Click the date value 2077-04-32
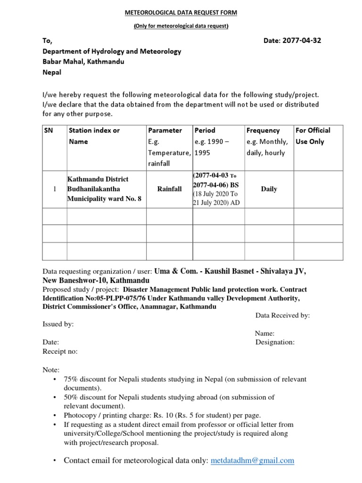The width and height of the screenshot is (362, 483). tap(301, 41)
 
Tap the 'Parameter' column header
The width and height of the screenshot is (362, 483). tap(165, 130)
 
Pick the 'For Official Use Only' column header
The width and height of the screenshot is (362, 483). tap(313, 136)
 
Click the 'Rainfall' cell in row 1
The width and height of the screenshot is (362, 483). tap(169, 189)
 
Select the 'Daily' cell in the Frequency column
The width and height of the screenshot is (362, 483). tap(269, 189)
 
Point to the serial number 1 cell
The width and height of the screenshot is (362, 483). tap(55, 189)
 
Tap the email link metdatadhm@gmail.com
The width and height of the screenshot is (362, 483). tap(252, 460)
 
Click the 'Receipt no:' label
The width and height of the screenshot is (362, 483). tap(60, 351)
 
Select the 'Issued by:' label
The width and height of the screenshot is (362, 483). tap(58, 325)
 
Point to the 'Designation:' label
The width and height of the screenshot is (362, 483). tap(275, 342)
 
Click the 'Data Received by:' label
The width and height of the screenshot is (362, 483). tap(282, 316)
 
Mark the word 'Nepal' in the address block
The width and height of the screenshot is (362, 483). tap(52, 73)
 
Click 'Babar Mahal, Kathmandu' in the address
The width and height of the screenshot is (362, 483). tap(83, 62)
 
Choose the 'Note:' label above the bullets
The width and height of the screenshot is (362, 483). tap(51, 370)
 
